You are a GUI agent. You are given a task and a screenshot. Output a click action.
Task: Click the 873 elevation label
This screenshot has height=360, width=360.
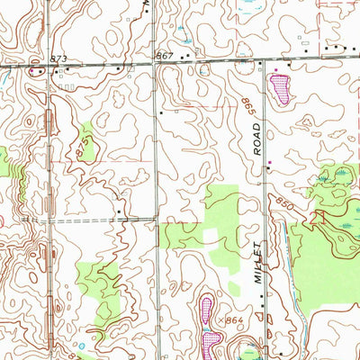[x=59, y=58]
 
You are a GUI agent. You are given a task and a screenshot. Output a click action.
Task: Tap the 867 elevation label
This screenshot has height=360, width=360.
[x=164, y=56]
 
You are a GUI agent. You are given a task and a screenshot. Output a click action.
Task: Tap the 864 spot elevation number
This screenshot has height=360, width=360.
[x=236, y=320]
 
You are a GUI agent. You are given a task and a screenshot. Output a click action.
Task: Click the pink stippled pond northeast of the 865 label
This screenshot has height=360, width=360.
[x=281, y=88]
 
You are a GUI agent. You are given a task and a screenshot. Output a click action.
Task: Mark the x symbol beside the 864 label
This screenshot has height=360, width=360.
[x=222, y=319]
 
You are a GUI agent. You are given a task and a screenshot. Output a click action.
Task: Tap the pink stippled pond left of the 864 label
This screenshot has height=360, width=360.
[x=207, y=311]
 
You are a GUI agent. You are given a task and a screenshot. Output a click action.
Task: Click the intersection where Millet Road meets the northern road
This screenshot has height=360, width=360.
[x=265, y=65]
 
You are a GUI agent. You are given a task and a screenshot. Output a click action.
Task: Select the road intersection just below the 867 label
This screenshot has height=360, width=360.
[x=156, y=66]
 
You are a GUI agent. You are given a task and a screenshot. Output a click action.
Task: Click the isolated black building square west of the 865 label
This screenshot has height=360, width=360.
[x=160, y=112]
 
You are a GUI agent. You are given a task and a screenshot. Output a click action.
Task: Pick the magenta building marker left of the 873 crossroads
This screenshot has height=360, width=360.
[x=32, y=71]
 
